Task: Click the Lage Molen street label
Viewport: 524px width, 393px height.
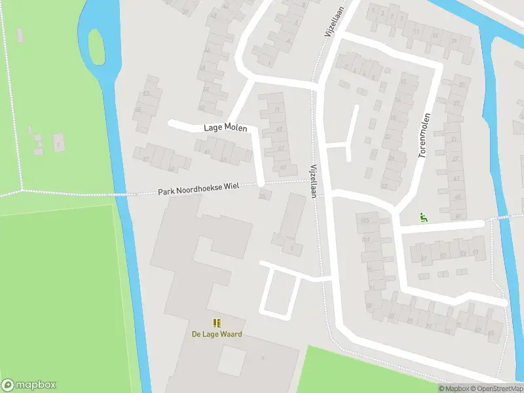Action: [x=225, y=127]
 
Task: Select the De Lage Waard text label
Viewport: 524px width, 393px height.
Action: [x=217, y=334]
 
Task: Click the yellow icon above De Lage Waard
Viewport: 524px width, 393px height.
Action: [x=217, y=322]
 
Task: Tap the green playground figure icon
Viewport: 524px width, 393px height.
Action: [x=423, y=218]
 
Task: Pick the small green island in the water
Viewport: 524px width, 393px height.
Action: [x=97, y=47]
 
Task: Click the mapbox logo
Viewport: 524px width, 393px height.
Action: [x=29, y=384]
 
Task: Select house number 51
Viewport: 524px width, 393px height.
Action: [x=476, y=252]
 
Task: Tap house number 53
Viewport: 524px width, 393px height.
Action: [x=462, y=253]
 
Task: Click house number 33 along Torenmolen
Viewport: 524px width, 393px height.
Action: [x=453, y=139]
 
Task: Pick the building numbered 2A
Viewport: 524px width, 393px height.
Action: [x=263, y=195]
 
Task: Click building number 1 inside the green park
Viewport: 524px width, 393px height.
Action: [x=58, y=143]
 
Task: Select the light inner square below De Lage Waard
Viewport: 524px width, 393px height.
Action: [x=231, y=361]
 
